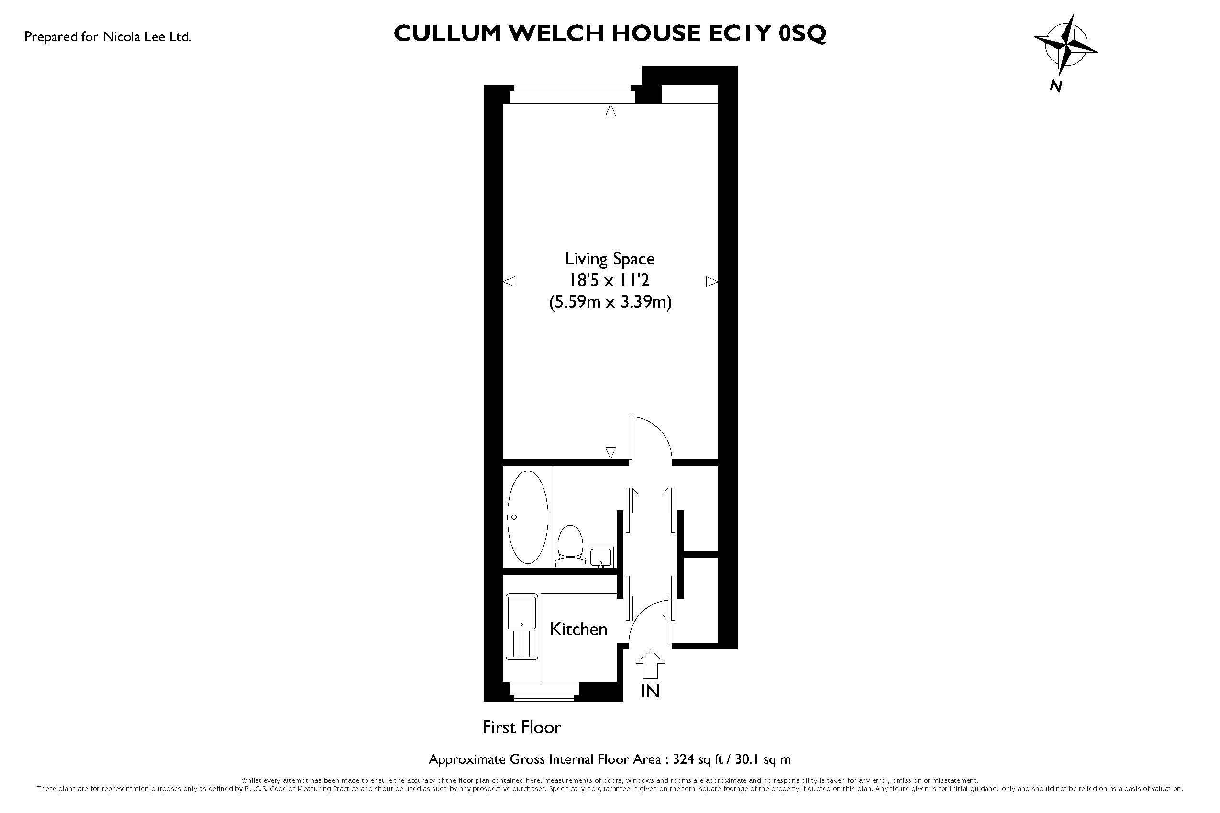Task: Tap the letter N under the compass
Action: pyautogui.click(x=1055, y=86)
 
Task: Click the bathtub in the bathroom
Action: pyautogui.click(x=528, y=517)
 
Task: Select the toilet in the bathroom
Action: pyautogui.click(x=569, y=546)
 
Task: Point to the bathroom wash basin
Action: pyautogui.click(x=601, y=557)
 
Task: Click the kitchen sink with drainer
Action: pyautogui.click(x=522, y=628)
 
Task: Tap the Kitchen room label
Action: pyautogui.click(x=578, y=629)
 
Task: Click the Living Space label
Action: pyautogui.click(x=610, y=259)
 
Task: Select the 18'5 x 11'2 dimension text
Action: pyautogui.click(x=610, y=281)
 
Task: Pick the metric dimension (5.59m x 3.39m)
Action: pyautogui.click(x=610, y=302)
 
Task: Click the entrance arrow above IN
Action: pyautogui.click(x=650, y=664)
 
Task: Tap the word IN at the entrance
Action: pyautogui.click(x=650, y=691)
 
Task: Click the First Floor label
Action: pyautogui.click(x=522, y=727)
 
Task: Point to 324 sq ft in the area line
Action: pyautogui.click(x=698, y=759)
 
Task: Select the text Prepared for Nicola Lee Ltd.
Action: pyautogui.click(x=108, y=37)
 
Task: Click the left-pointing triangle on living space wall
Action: pyautogui.click(x=509, y=282)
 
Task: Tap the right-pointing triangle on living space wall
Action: pyautogui.click(x=712, y=282)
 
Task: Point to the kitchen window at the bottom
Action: pyautogui.click(x=544, y=692)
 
